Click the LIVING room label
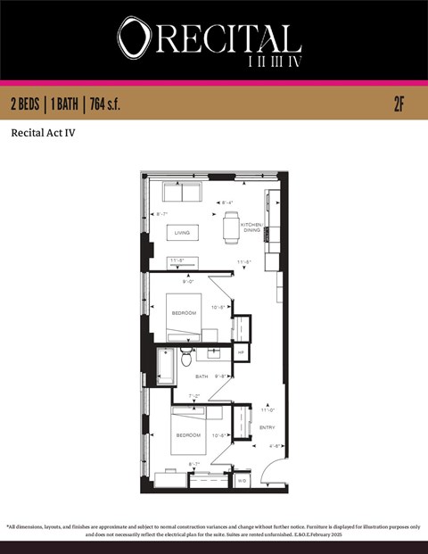coord(182,233)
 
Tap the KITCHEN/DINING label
coord(252,227)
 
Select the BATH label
coord(202,376)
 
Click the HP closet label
coord(241,353)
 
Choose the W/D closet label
coord(242,481)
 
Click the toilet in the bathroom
coord(186,359)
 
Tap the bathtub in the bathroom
coord(166,366)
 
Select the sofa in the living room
coord(183,193)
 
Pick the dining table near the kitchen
coord(232,227)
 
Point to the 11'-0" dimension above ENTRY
coord(267,409)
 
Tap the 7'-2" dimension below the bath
coord(194,395)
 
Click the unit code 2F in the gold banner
coord(399,103)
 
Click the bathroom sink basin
coord(213,353)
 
